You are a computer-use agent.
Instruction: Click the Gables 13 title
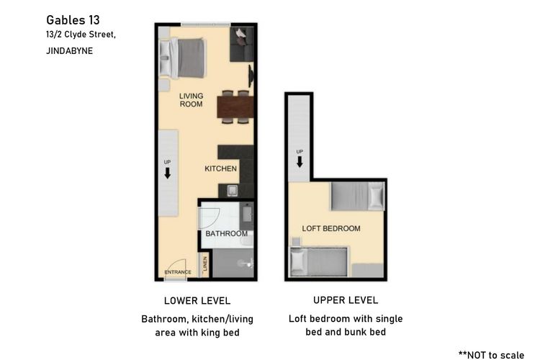[x=73, y=20]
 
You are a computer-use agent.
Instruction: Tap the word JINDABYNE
[x=70, y=51]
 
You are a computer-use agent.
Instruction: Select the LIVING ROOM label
[x=191, y=100]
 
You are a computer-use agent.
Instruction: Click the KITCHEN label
[x=221, y=168]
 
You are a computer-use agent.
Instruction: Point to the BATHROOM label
[x=227, y=233]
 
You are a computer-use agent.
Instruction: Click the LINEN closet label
[x=205, y=264]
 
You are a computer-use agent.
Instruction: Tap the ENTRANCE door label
[x=178, y=272]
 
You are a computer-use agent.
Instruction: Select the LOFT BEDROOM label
[x=331, y=228]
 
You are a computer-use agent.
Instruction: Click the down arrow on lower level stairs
[x=168, y=173]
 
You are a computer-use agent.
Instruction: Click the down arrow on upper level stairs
[x=300, y=161]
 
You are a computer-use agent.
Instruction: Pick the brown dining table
[x=235, y=107]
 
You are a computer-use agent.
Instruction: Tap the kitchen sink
[x=233, y=191]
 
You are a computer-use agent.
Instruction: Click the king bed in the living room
[x=183, y=58]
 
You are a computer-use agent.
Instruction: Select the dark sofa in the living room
[x=242, y=45]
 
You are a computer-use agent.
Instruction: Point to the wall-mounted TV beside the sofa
[x=251, y=76]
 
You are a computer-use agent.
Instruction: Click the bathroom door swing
[x=210, y=217]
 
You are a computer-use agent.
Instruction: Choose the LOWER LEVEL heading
[x=197, y=301]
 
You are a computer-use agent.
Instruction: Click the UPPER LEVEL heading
[x=346, y=300]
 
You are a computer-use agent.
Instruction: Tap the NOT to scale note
[x=491, y=355]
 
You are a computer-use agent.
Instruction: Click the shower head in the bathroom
[x=246, y=264]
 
